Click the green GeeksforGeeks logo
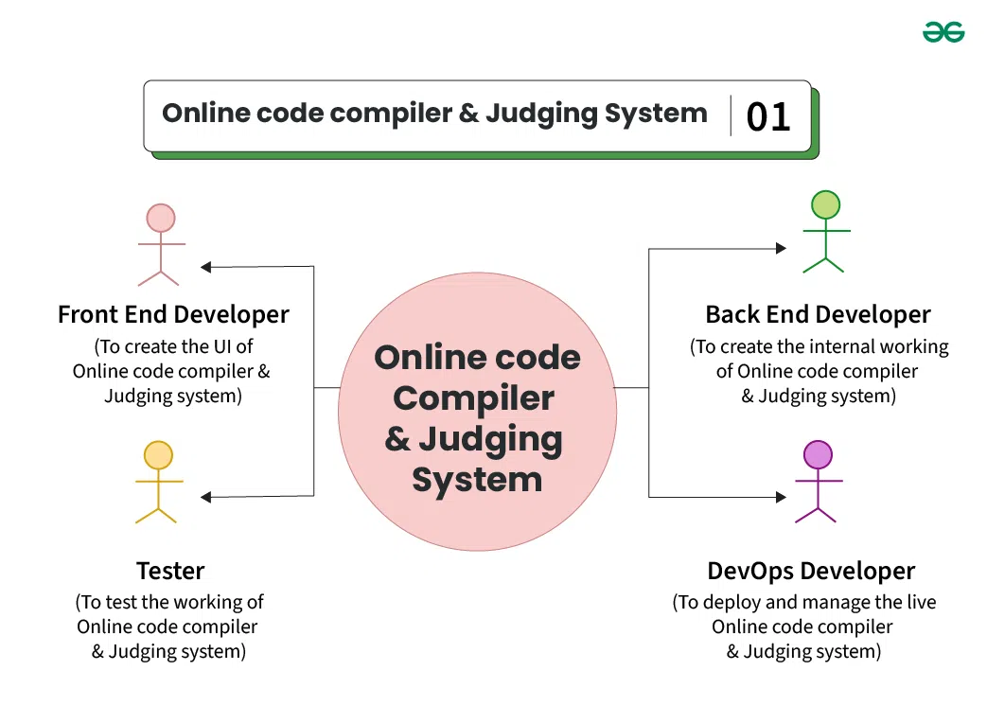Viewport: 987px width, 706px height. point(943,32)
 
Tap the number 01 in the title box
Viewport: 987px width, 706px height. point(767,117)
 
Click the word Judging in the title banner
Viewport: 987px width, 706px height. point(541,115)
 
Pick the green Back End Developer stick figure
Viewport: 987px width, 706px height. point(824,232)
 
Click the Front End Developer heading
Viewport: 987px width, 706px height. point(173,314)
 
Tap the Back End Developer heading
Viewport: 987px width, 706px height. point(818,314)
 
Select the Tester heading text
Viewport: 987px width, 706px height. point(170,571)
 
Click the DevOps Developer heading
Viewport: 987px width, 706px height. point(811,572)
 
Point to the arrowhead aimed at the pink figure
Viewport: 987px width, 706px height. point(207,267)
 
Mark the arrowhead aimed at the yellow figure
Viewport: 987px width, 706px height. point(207,497)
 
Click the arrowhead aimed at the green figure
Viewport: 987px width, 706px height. point(781,248)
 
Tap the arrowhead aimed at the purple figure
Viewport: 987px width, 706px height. point(781,497)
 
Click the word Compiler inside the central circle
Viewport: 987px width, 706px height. point(473,398)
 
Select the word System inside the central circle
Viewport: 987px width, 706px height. point(477,480)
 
